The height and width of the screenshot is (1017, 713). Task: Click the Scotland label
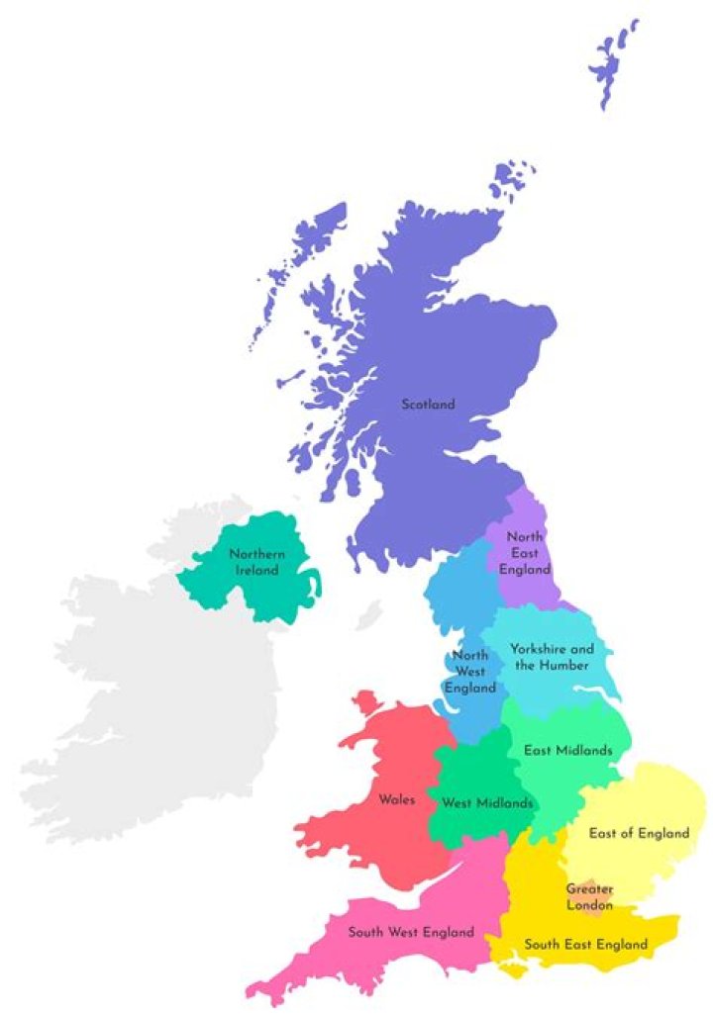(428, 404)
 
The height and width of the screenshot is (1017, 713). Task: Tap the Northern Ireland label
(256, 562)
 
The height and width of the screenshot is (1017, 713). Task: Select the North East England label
(525, 553)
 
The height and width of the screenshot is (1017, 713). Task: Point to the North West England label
(469, 671)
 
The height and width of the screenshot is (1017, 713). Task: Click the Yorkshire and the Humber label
(552, 657)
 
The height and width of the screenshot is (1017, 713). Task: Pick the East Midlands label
(567, 750)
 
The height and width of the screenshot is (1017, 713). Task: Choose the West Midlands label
(487, 802)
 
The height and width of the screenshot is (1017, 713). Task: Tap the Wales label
(396, 799)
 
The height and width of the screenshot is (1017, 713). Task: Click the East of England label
(639, 833)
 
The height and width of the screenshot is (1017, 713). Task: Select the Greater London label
(589, 896)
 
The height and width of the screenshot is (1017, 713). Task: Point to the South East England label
(585, 944)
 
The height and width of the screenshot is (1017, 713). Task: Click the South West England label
(410, 932)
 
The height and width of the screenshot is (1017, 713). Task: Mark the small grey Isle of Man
(370, 611)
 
